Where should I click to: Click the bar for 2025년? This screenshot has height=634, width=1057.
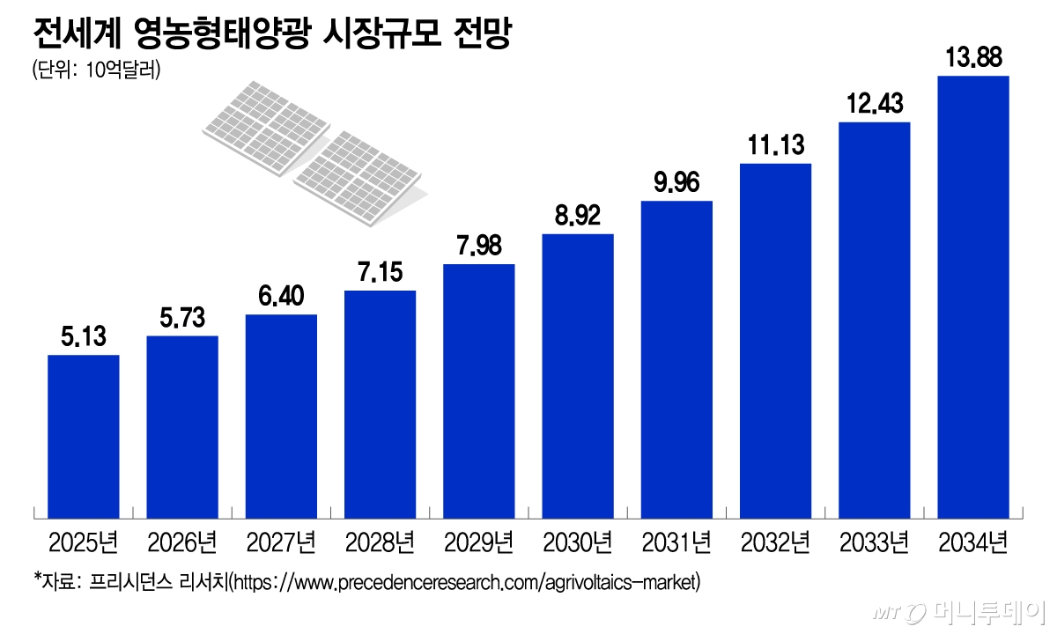coord(83,436)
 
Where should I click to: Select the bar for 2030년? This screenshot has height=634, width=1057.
coord(578,375)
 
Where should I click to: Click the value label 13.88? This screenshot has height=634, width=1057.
coord(973,60)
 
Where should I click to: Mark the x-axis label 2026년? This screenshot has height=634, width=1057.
coord(182,540)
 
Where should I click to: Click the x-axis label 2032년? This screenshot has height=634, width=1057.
coord(775,540)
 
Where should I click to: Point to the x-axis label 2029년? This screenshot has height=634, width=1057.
coord(478,540)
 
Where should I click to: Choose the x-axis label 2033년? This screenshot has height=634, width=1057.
coord(874,540)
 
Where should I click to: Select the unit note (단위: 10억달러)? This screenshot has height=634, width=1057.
coord(95,70)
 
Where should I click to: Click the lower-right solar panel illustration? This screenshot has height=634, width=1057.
coord(357,167)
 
